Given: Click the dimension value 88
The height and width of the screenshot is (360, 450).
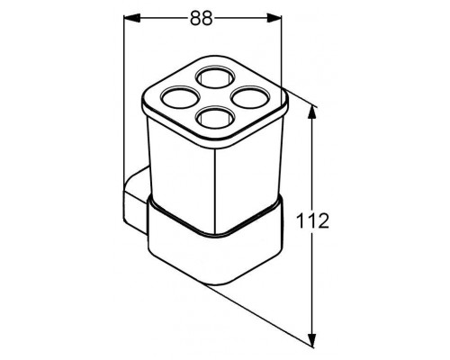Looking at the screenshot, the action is tap(202, 18).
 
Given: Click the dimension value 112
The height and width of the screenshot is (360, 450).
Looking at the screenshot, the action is tap(312, 221).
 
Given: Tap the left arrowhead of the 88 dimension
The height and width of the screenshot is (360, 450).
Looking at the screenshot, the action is tap(132, 18).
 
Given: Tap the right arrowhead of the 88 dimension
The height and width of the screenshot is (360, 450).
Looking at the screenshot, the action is tap(274, 18).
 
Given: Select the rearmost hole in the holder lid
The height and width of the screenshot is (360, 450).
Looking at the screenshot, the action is tap(213, 76).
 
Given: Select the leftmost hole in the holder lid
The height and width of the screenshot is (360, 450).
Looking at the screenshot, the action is tap(180, 97).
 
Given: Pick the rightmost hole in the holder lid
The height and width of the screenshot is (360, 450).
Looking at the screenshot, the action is tap(249, 97).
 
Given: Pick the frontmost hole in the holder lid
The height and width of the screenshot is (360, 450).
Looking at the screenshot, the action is tap(214, 118).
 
